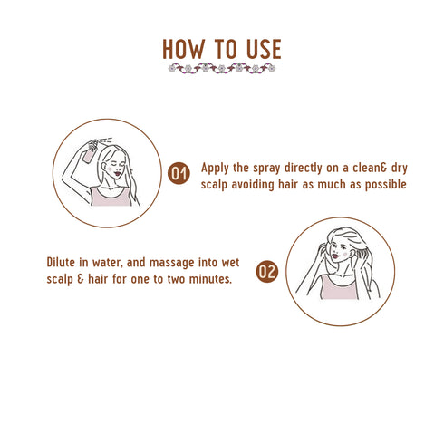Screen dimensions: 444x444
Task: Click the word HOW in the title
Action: pos(185,49)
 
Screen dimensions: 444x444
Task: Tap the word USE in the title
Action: pos(263,49)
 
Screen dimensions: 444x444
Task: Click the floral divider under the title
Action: pos(221,69)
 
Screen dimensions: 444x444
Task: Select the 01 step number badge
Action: pos(179,172)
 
